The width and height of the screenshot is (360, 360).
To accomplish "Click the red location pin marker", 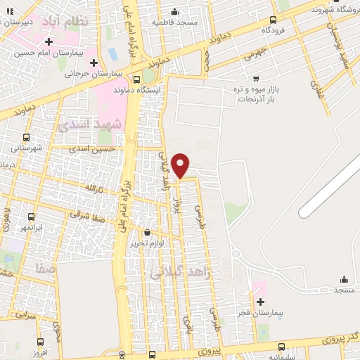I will [x=181, y=165].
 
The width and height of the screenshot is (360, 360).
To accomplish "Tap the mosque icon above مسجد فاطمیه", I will [x=175, y=12].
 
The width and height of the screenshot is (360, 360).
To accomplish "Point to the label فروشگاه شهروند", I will [x=330, y=9].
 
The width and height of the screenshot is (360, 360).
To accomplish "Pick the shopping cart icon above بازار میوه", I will [x=256, y=78].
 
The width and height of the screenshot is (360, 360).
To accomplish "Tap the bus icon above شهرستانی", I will [x=27, y=137].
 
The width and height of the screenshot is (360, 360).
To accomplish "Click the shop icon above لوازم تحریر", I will [x=147, y=232].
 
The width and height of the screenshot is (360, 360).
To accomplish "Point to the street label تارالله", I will [x=93, y=188].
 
